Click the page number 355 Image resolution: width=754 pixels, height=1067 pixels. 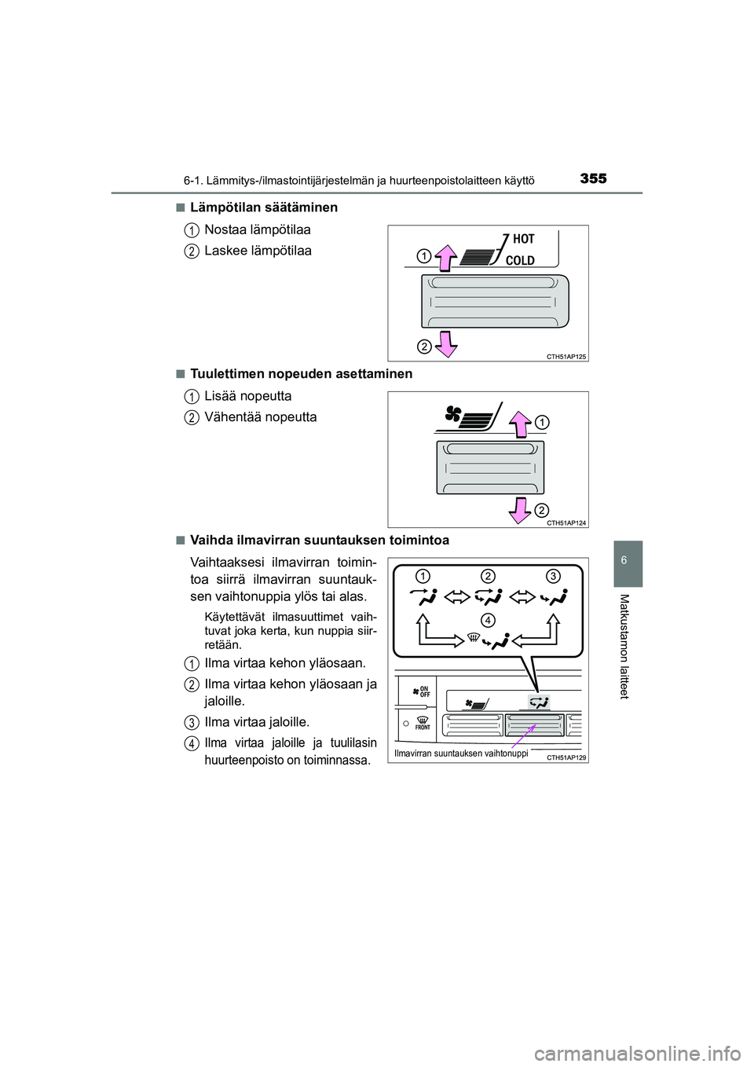(x=593, y=179)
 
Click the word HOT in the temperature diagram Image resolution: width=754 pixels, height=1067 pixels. (x=523, y=239)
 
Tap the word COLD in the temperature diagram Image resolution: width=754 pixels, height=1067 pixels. (x=520, y=260)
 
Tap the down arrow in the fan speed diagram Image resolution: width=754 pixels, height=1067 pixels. (x=519, y=508)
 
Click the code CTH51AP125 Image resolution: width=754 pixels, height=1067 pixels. (x=566, y=356)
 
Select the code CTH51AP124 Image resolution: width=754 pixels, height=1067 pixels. (x=566, y=522)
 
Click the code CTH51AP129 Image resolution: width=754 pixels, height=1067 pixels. (x=566, y=757)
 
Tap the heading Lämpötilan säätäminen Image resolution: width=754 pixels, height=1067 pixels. (x=264, y=207)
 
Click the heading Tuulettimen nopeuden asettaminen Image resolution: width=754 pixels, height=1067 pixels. (x=301, y=374)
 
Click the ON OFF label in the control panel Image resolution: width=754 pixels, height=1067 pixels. (x=425, y=691)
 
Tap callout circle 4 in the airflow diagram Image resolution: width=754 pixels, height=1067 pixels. (x=488, y=619)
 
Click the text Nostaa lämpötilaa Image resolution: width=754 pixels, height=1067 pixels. (x=258, y=229)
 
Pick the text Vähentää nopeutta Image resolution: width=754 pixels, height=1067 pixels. (x=261, y=417)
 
